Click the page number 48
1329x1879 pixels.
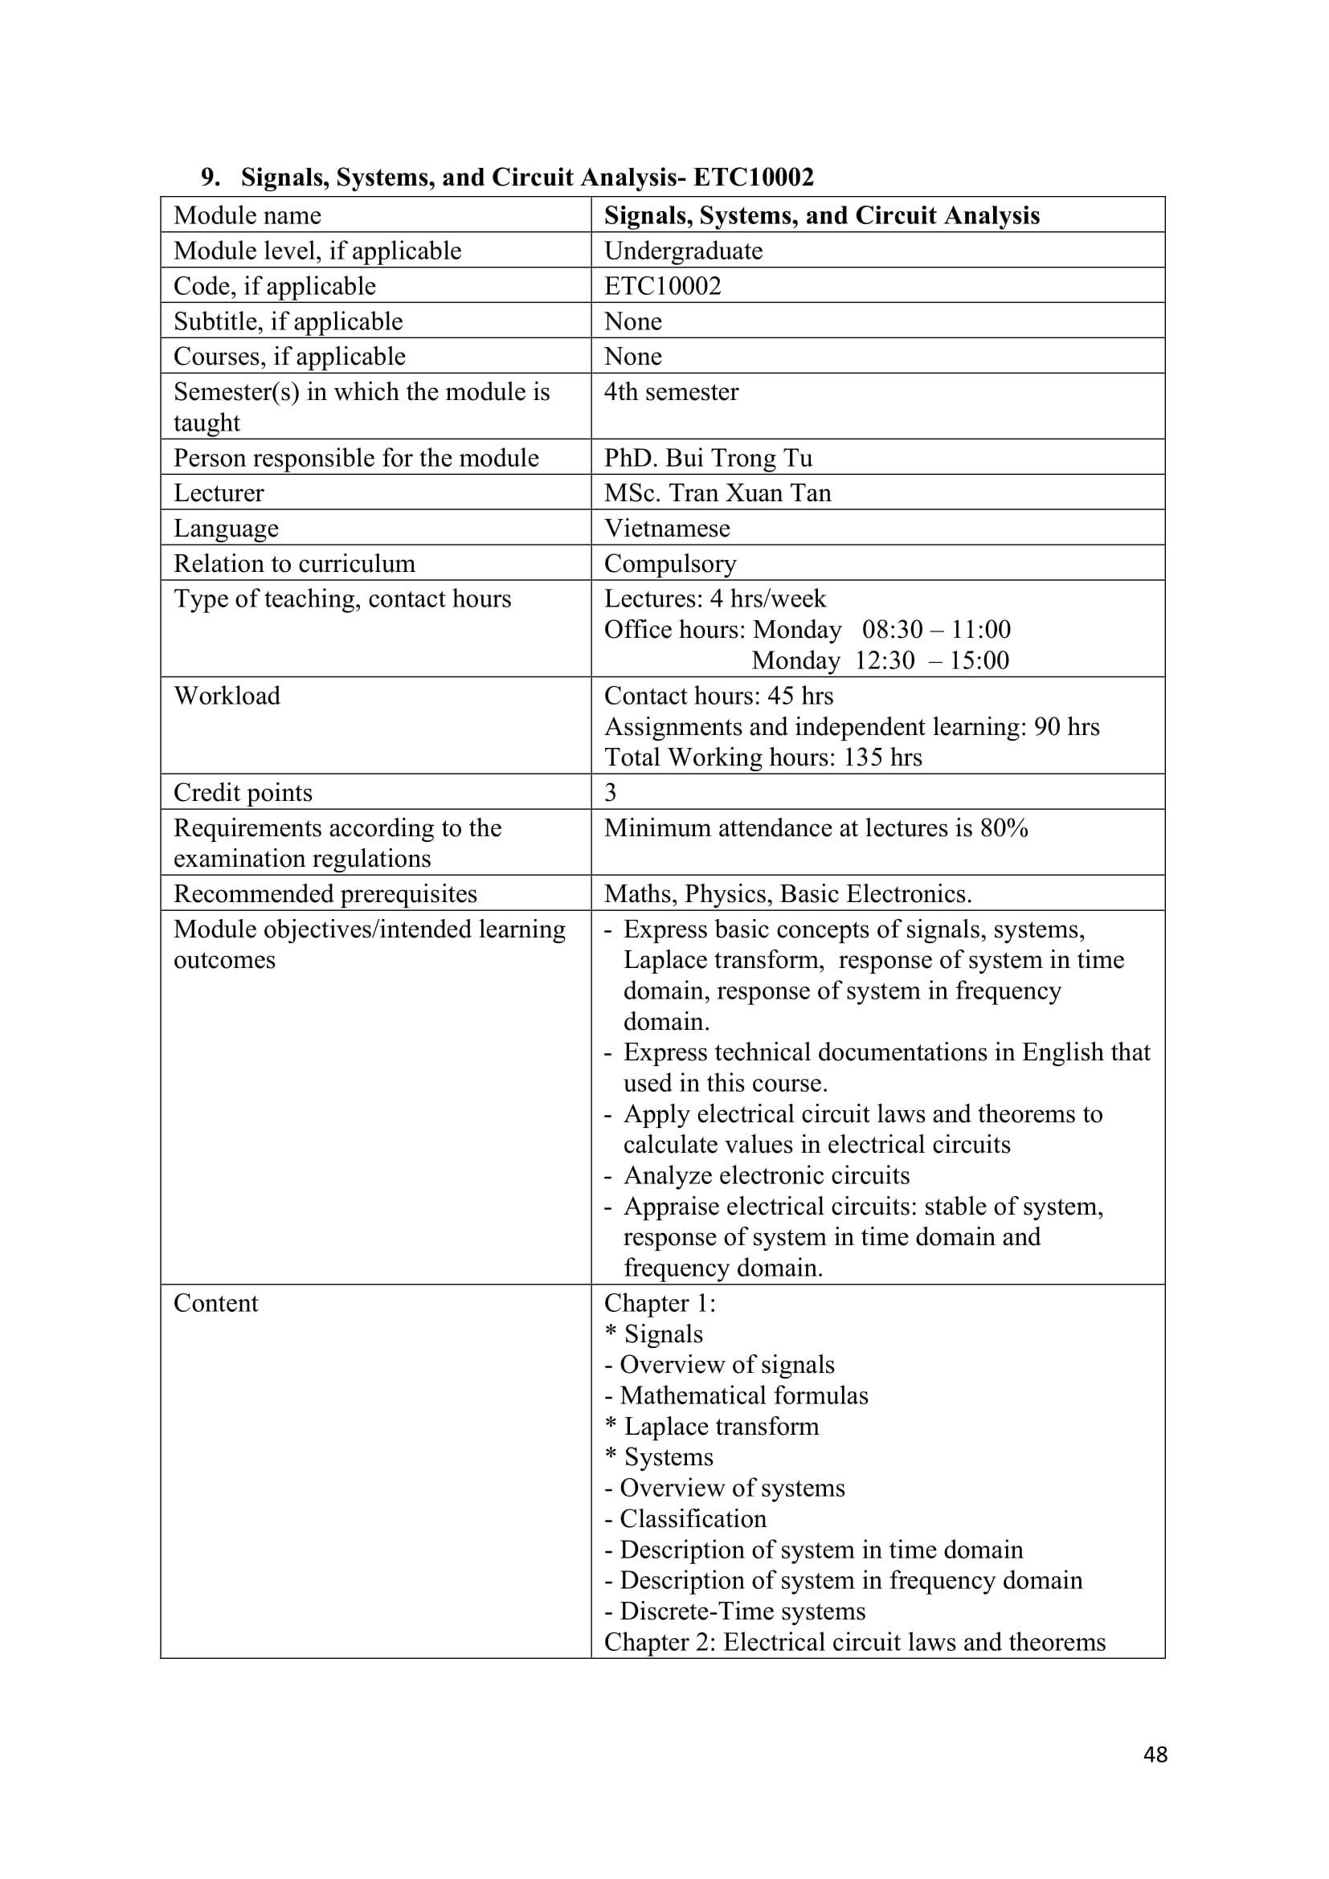pyautogui.click(x=1155, y=1754)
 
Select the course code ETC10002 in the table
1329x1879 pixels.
pyautogui.click(x=662, y=286)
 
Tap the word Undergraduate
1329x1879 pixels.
pyautogui.click(x=682, y=251)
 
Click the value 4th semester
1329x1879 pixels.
pyautogui.click(x=671, y=391)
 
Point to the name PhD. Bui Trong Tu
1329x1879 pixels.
pyautogui.click(x=708, y=457)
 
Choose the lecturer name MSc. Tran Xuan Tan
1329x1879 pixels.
pyautogui.click(x=717, y=492)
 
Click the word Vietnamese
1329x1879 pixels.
pyautogui.click(x=666, y=528)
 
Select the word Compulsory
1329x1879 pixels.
pyautogui.click(x=669, y=563)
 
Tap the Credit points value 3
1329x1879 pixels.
pyautogui.click(x=611, y=791)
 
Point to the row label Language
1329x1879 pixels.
pyautogui.click(x=226, y=528)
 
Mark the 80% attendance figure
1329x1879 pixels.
pyautogui.click(x=1004, y=827)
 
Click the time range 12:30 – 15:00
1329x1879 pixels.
pyautogui.click(x=931, y=660)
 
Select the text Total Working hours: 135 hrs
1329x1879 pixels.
pyautogui.click(x=763, y=757)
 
